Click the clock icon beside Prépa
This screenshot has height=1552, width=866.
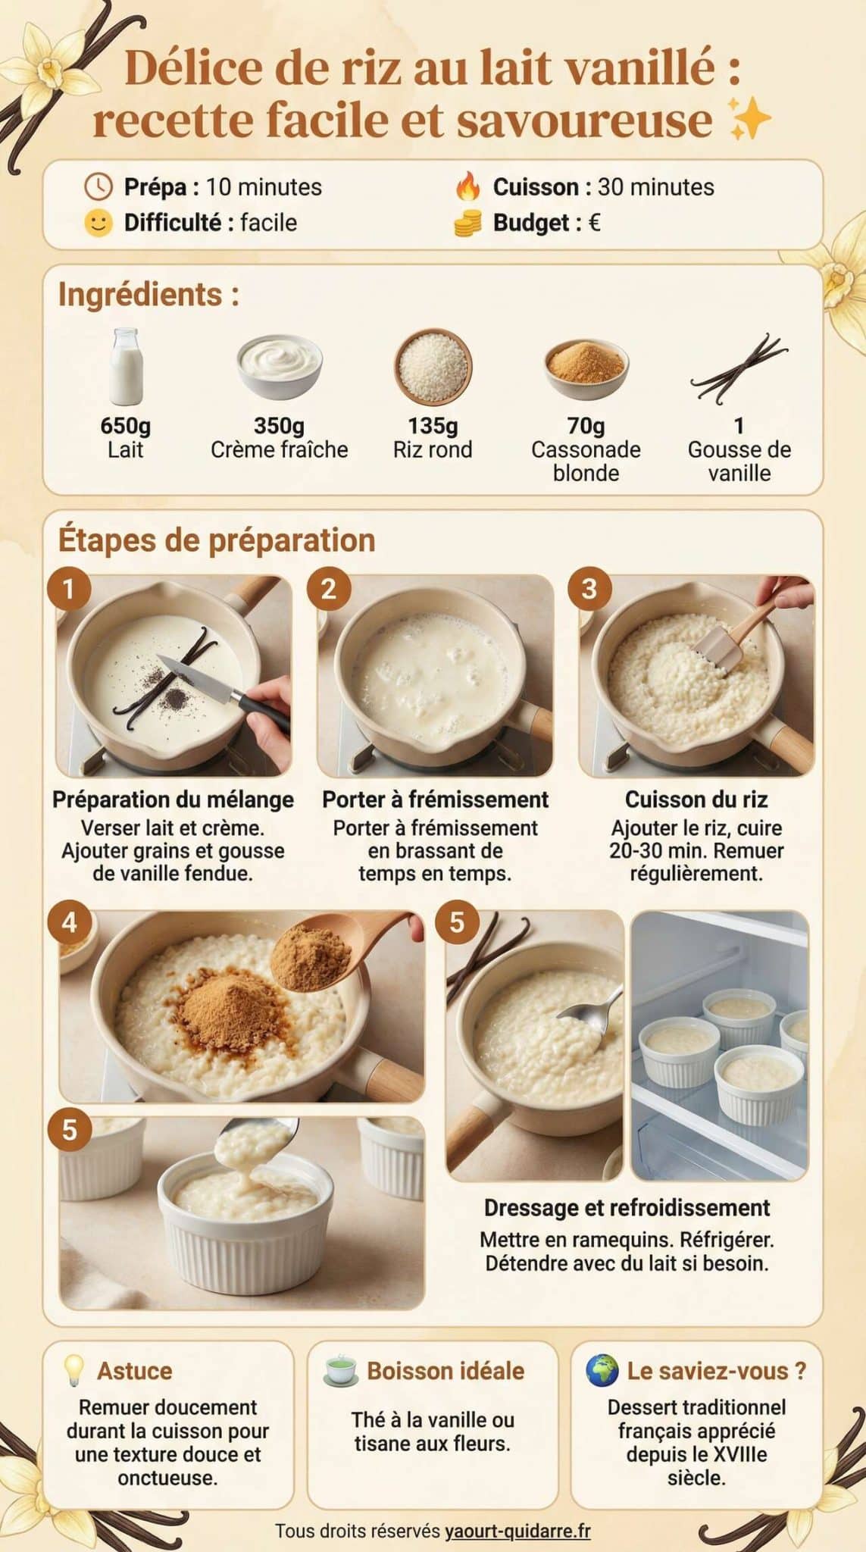(98, 186)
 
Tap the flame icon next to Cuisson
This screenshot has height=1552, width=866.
(468, 187)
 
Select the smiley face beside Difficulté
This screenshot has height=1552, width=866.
(98, 223)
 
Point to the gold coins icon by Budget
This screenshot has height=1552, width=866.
(468, 223)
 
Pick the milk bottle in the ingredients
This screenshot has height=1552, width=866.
(125, 367)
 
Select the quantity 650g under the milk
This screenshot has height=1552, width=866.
(126, 426)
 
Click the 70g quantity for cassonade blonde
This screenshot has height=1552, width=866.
(586, 426)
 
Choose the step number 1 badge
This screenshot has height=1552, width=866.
(69, 590)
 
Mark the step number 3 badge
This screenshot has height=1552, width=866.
(589, 590)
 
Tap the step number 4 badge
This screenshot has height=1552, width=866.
(69, 923)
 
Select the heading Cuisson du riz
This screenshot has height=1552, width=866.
(696, 799)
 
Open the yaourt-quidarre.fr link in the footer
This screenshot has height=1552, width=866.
(517, 1531)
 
